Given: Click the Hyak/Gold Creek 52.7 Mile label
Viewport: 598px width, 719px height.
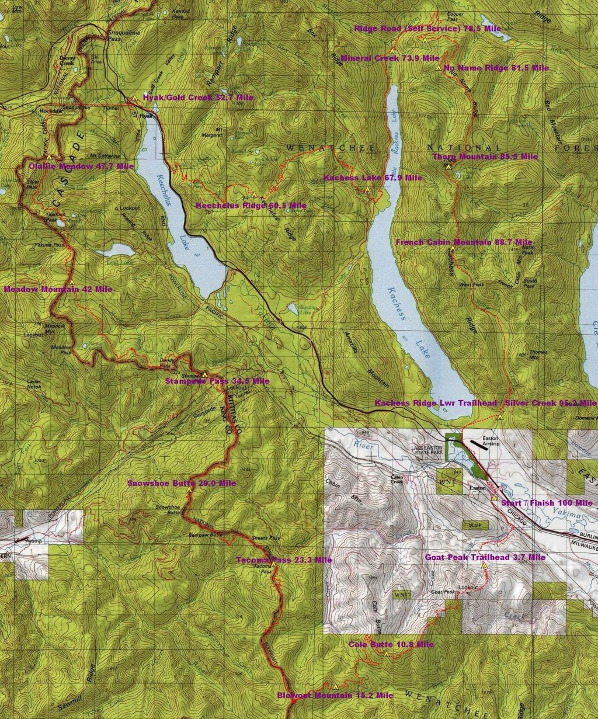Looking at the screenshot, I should coord(198,98).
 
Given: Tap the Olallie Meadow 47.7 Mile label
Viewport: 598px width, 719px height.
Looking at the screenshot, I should coord(81,166).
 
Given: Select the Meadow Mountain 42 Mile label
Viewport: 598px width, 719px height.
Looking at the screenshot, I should coord(58,289).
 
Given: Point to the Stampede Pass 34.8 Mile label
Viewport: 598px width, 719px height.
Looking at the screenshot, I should coord(217,381).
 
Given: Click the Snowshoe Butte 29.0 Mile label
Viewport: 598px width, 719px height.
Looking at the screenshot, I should coord(182,484).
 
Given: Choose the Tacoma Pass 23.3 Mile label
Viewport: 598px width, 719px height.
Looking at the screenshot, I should coord(284,560).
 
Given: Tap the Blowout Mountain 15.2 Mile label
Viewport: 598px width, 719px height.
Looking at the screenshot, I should coord(335,696).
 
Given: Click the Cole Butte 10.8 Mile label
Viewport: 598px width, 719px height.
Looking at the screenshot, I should coord(391,645).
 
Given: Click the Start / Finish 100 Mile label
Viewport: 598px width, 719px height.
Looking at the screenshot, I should coord(547,503).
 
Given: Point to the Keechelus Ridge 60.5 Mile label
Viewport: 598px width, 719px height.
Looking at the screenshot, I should coord(251,206).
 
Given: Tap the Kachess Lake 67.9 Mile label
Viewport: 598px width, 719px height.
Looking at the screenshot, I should coord(373,178).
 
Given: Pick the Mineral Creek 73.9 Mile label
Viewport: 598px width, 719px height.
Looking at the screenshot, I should coord(390,58).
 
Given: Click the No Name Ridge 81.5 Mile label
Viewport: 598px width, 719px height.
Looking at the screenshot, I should coord(496,68).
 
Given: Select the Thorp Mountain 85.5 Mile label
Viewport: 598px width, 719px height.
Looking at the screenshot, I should coord(485,157).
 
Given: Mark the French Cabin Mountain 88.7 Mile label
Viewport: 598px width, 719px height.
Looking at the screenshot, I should coord(464,242).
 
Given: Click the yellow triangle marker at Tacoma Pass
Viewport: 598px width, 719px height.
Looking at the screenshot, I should coord(273,565).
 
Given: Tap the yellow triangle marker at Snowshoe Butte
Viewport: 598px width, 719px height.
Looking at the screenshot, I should coord(189,490).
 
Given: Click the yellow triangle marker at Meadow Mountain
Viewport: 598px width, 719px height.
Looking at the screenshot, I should coord(72,283).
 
